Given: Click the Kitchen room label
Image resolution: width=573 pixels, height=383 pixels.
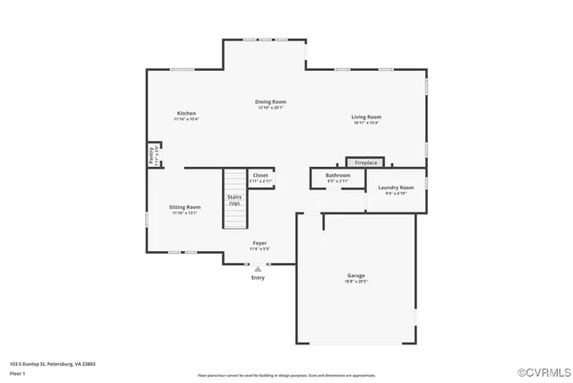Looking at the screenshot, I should (186, 113).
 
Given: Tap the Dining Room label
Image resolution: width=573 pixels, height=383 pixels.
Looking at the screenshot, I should (271, 102).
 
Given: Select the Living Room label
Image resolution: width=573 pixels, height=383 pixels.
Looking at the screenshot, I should (366, 117).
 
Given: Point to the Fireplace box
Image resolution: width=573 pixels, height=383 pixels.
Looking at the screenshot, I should (365, 162).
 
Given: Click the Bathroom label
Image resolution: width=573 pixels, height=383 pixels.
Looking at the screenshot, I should (338, 175).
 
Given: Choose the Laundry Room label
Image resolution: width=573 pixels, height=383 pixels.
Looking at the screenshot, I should (396, 187).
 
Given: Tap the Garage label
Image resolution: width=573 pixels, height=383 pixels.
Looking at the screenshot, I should (356, 275).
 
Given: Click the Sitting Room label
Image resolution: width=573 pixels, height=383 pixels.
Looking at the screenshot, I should (184, 207).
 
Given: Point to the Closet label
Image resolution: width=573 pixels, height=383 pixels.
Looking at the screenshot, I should (260, 175).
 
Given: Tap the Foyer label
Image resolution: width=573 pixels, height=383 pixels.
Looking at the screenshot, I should (260, 242).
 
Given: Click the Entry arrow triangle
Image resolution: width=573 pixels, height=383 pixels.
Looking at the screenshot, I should (258, 268).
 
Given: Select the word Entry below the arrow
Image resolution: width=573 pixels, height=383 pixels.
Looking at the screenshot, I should (258, 277).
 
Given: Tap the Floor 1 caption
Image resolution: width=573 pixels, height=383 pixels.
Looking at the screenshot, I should (17, 372).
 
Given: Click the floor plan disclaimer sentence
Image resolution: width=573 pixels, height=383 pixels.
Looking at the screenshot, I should (286, 375).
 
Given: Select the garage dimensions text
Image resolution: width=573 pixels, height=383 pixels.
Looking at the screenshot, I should (356, 282).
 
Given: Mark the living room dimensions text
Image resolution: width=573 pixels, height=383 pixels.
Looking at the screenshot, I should (366, 123).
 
